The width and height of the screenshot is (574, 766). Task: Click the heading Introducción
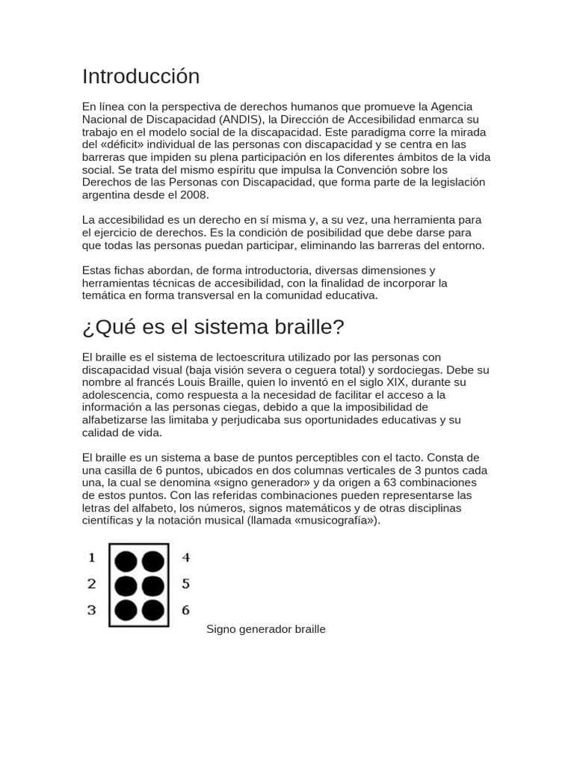pyautogui.click(x=141, y=76)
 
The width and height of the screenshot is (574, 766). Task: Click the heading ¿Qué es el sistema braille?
pyautogui.click(x=213, y=327)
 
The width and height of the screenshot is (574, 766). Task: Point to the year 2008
pyautogui.click(x=195, y=195)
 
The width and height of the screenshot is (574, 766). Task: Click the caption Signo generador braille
pyautogui.click(x=266, y=629)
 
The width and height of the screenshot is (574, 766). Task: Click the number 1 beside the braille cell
pyautogui.click(x=92, y=557)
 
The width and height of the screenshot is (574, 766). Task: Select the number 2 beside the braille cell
pyautogui.click(x=92, y=583)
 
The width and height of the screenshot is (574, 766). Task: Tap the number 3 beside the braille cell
pyautogui.click(x=92, y=610)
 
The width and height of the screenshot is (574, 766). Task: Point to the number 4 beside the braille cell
pyautogui.click(x=186, y=557)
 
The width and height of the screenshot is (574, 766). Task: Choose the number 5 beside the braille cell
pyautogui.click(x=186, y=583)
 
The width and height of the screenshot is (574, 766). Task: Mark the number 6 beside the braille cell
pyautogui.click(x=186, y=610)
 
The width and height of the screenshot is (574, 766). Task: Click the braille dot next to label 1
pyautogui.click(x=126, y=561)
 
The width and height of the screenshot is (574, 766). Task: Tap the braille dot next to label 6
pyautogui.click(x=152, y=610)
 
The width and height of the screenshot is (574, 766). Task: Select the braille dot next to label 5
pyautogui.click(x=152, y=586)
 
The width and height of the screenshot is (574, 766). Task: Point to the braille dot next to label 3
pyautogui.click(x=126, y=610)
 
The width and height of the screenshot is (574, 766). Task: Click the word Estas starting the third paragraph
pyautogui.click(x=96, y=270)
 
